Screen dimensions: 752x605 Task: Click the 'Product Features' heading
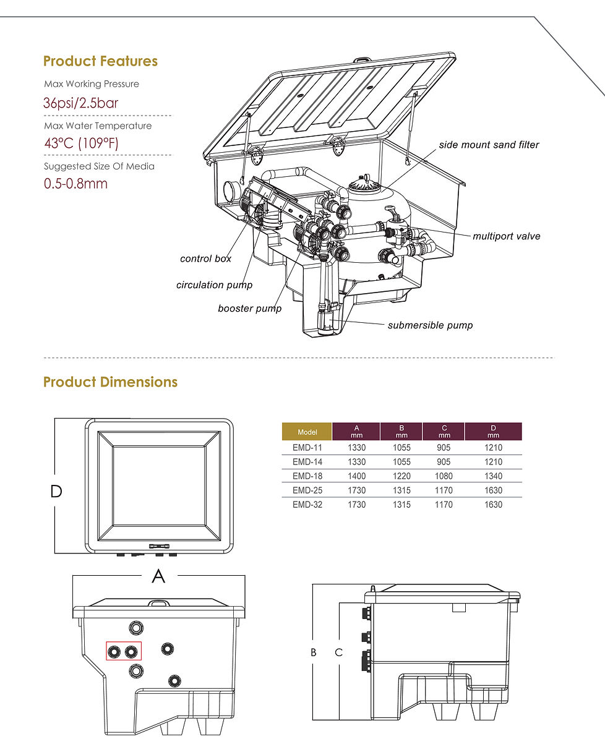100,61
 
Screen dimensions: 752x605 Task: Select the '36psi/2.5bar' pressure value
80,103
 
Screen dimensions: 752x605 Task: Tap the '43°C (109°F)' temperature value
80,143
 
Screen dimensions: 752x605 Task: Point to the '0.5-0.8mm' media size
75,184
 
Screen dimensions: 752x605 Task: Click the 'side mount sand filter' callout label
489,145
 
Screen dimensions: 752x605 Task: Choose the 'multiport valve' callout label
506,236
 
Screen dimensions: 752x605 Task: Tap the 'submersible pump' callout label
430,325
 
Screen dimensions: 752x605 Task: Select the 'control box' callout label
205,258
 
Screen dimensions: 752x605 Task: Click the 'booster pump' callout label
249,308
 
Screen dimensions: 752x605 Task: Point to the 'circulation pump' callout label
214,285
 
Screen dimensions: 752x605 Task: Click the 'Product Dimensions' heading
110,382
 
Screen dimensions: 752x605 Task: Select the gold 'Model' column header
307,432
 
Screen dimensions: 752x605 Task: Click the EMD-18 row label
307,476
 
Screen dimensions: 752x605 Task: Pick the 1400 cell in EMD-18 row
357,476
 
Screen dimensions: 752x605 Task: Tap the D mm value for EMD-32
494,505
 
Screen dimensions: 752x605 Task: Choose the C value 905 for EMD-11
444,448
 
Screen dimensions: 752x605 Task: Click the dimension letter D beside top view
56,492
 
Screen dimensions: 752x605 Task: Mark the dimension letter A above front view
158,576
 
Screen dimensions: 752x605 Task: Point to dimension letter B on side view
313,652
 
